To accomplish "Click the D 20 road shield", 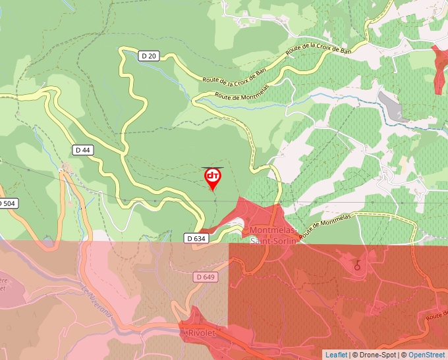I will (149, 56).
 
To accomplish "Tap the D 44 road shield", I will (82, 150).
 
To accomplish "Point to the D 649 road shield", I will (206, 277).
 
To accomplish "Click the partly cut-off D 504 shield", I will (7, 203).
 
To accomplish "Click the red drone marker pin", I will (213, 178).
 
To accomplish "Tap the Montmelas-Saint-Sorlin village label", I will (273, 235).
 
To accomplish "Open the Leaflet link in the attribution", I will (336, 355).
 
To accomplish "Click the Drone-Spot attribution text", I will (374, 355).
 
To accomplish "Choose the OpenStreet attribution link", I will (428, 355).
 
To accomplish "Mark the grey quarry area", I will (389, 106).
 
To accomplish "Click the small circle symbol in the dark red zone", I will (358, 267).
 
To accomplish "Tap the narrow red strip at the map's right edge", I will (439, 68).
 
